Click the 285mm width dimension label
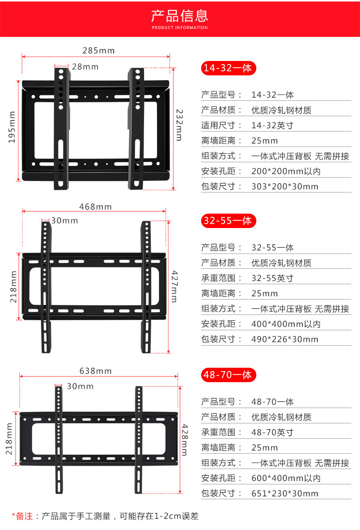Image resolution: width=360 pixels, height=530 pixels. [98, 50]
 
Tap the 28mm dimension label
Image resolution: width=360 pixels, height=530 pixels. [85, 67]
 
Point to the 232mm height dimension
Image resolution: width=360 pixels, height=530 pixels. [179, 123]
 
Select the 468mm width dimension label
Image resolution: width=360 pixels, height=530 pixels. [95, 207]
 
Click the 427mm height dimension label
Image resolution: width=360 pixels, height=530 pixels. [174, 286]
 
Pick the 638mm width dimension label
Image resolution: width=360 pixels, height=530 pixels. [95, 371]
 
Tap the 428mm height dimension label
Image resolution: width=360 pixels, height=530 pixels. [184, 440]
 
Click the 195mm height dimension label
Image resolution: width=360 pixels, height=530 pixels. [12, 127]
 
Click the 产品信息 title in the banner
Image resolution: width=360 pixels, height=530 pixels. [180, 16]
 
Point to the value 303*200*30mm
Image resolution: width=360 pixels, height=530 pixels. [285, 186]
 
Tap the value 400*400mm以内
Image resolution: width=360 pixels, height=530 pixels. [286, 324]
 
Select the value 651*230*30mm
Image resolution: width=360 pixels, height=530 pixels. [285, 494]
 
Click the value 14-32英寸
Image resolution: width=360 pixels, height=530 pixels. [272, 125]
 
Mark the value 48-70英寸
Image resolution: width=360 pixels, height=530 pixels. [272, 433]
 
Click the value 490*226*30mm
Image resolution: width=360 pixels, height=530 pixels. [285, 339]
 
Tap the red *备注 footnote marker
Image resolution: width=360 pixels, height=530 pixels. [22, 517]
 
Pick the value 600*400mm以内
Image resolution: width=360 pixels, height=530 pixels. [286, 478]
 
